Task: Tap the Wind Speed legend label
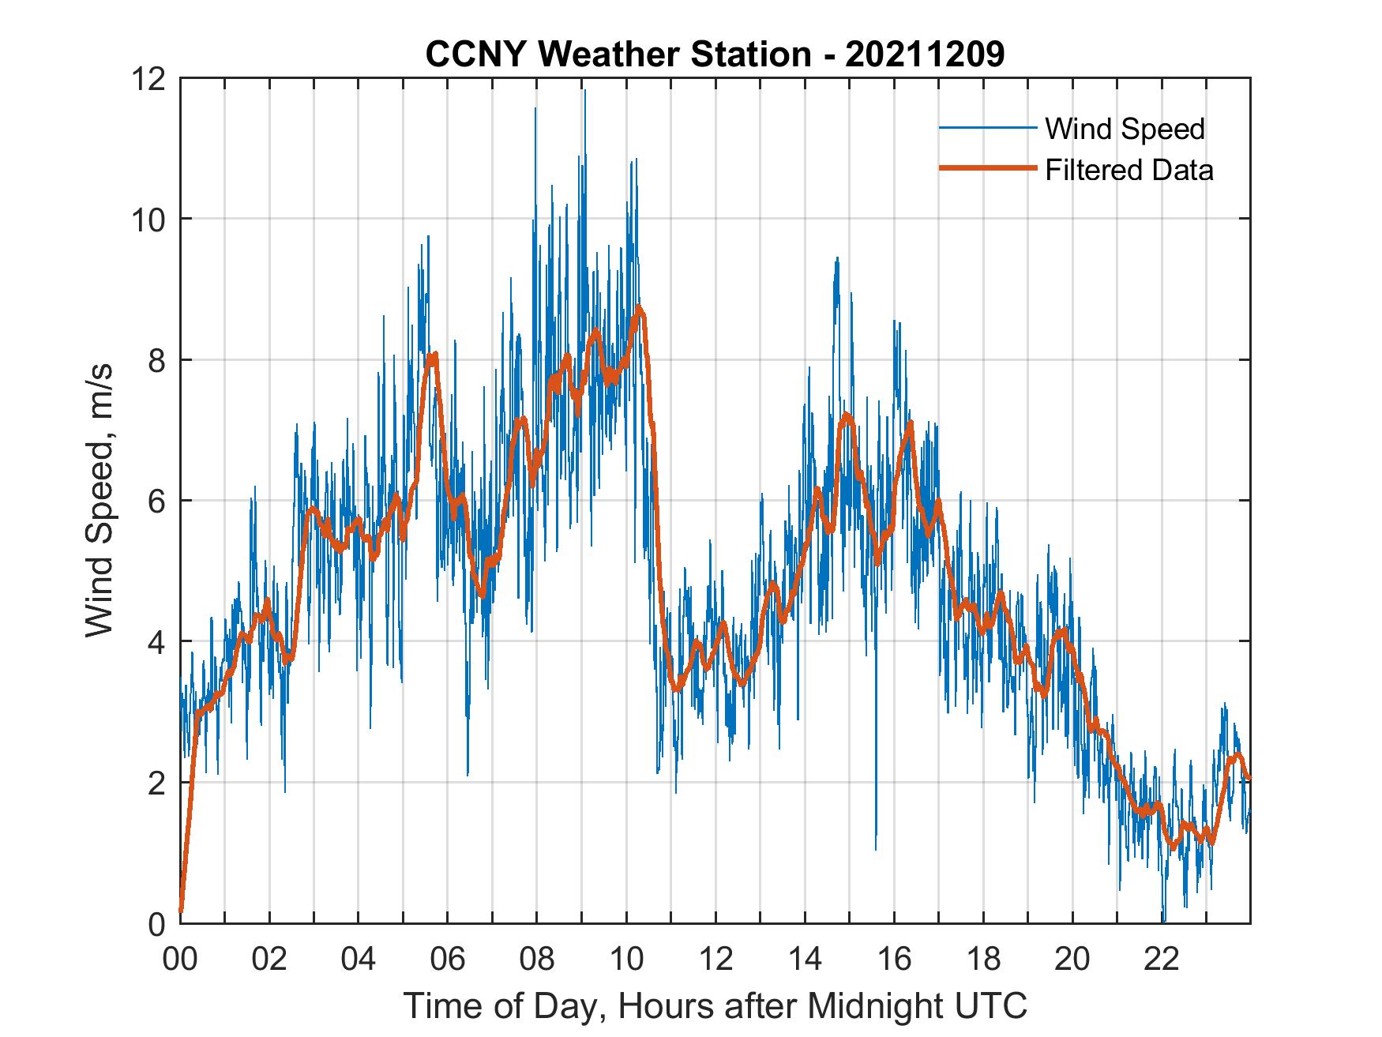(x=1125, y=129)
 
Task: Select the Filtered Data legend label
(x=1129, y=170)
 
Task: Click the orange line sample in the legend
(x=987, y=169)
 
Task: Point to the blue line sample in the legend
(x=987, y=128)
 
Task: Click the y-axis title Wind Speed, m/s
(x=100, y=500)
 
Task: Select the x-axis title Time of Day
(x=715, y=1006)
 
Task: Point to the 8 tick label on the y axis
(x=156, y=360)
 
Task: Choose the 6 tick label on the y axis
(x=156, y=501)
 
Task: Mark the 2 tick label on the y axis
(x=156, y=783)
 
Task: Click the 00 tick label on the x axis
(x=180, y=959)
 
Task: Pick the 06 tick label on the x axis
(x=448, y=959)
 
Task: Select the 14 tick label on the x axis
(x=805, y=959)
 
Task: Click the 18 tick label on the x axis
(x=983, y=959)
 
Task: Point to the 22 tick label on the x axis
(x=1162, y=959)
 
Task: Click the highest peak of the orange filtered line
(x=639, y=307)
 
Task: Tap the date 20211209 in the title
(x=925, y=54)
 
